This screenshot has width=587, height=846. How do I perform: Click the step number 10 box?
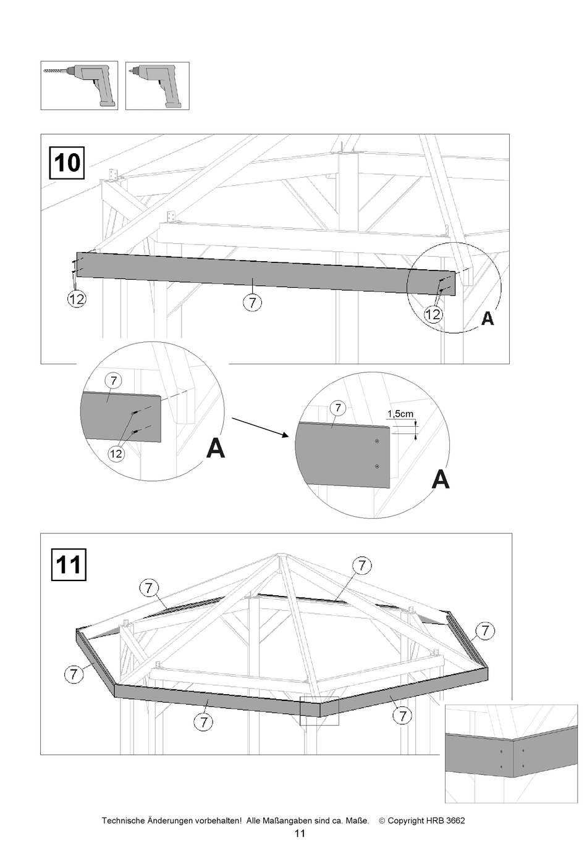(x=67, y=163)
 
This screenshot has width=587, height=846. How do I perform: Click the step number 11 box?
(x=68, y=564)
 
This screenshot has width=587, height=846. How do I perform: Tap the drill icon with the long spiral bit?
(x=79, y=86)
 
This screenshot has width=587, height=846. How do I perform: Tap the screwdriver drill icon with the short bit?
(x=158, y=86)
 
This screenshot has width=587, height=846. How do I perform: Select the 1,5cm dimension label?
(x=400, y=414)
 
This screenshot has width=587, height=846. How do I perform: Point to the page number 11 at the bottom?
(x=300, y=834)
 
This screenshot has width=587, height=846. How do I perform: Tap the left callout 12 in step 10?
(x=76, y=299)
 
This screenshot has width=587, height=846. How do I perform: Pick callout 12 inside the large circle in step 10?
(x=433, y=315)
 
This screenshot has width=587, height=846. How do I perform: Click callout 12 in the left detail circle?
(x=116, y=454)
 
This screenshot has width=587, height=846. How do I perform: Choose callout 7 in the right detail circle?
(x=337, y=408)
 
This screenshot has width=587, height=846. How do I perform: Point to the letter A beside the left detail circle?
(x=215, y=448)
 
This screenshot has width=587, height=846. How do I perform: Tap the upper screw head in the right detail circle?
(x=377, y=442)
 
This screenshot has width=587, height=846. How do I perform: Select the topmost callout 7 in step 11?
(x=361, y=565)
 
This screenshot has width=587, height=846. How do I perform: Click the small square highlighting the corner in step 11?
(x=319, y=710)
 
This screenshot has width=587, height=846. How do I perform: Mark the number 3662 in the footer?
(x=454, y=821)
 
